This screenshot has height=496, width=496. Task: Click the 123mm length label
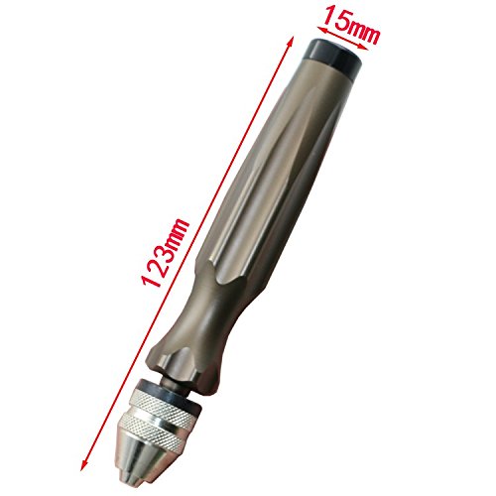click(165, 252)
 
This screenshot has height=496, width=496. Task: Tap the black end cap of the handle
click(333, 57)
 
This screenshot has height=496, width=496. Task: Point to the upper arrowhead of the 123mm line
click(290, 41)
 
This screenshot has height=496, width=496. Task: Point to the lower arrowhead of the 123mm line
click(83, 465)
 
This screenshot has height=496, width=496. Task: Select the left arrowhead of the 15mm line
click(321, 30)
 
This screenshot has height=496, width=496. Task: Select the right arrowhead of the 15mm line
click(364, 48)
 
